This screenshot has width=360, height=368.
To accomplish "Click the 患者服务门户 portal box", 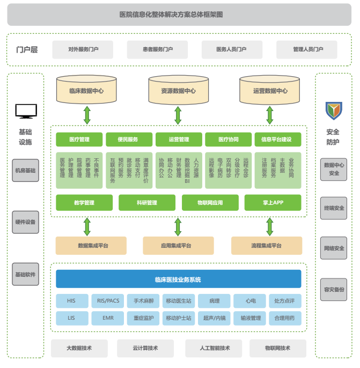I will pyautogui.click(x=158, y=50).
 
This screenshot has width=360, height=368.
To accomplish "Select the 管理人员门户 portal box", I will pyautogui.click(x=307, y=50).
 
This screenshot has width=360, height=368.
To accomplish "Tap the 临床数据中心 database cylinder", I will pyautogui.click(x=86, y=91).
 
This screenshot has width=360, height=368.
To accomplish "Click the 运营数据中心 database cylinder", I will pyautogui.click(x=270, y=91).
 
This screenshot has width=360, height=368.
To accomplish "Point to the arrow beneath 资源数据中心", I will pyautogui.click(x=178, y=115).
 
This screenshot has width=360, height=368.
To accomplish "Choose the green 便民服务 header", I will pyautogui.click(x=128, y=139).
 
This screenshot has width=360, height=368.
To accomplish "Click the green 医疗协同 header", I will pyautogui.click(x=228, y=139).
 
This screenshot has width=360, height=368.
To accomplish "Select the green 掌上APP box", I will pyautogui.click(x=273, y=203).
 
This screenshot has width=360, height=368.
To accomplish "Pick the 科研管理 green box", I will pyautogui.click(x=146, y=203).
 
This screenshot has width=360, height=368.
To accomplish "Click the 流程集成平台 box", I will pyautogui.click(x=266, y=245).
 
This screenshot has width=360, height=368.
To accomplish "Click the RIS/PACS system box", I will pyautogui.click(x=105, y=301).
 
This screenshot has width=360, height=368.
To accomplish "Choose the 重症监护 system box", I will pyautogui.click(x=144, y=318).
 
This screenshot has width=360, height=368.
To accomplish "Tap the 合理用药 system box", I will pyautogui.click(x=284, y=318).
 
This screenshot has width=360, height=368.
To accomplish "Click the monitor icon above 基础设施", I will pyautogui.click(x=25, y=111).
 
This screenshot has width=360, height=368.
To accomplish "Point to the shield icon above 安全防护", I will pyautogui.click(x=333, y=111).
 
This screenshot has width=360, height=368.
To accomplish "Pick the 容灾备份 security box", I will pyautogui.click(x=334, y=289).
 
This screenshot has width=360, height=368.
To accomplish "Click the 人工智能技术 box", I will pyautogui.click(x=211, y=348).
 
